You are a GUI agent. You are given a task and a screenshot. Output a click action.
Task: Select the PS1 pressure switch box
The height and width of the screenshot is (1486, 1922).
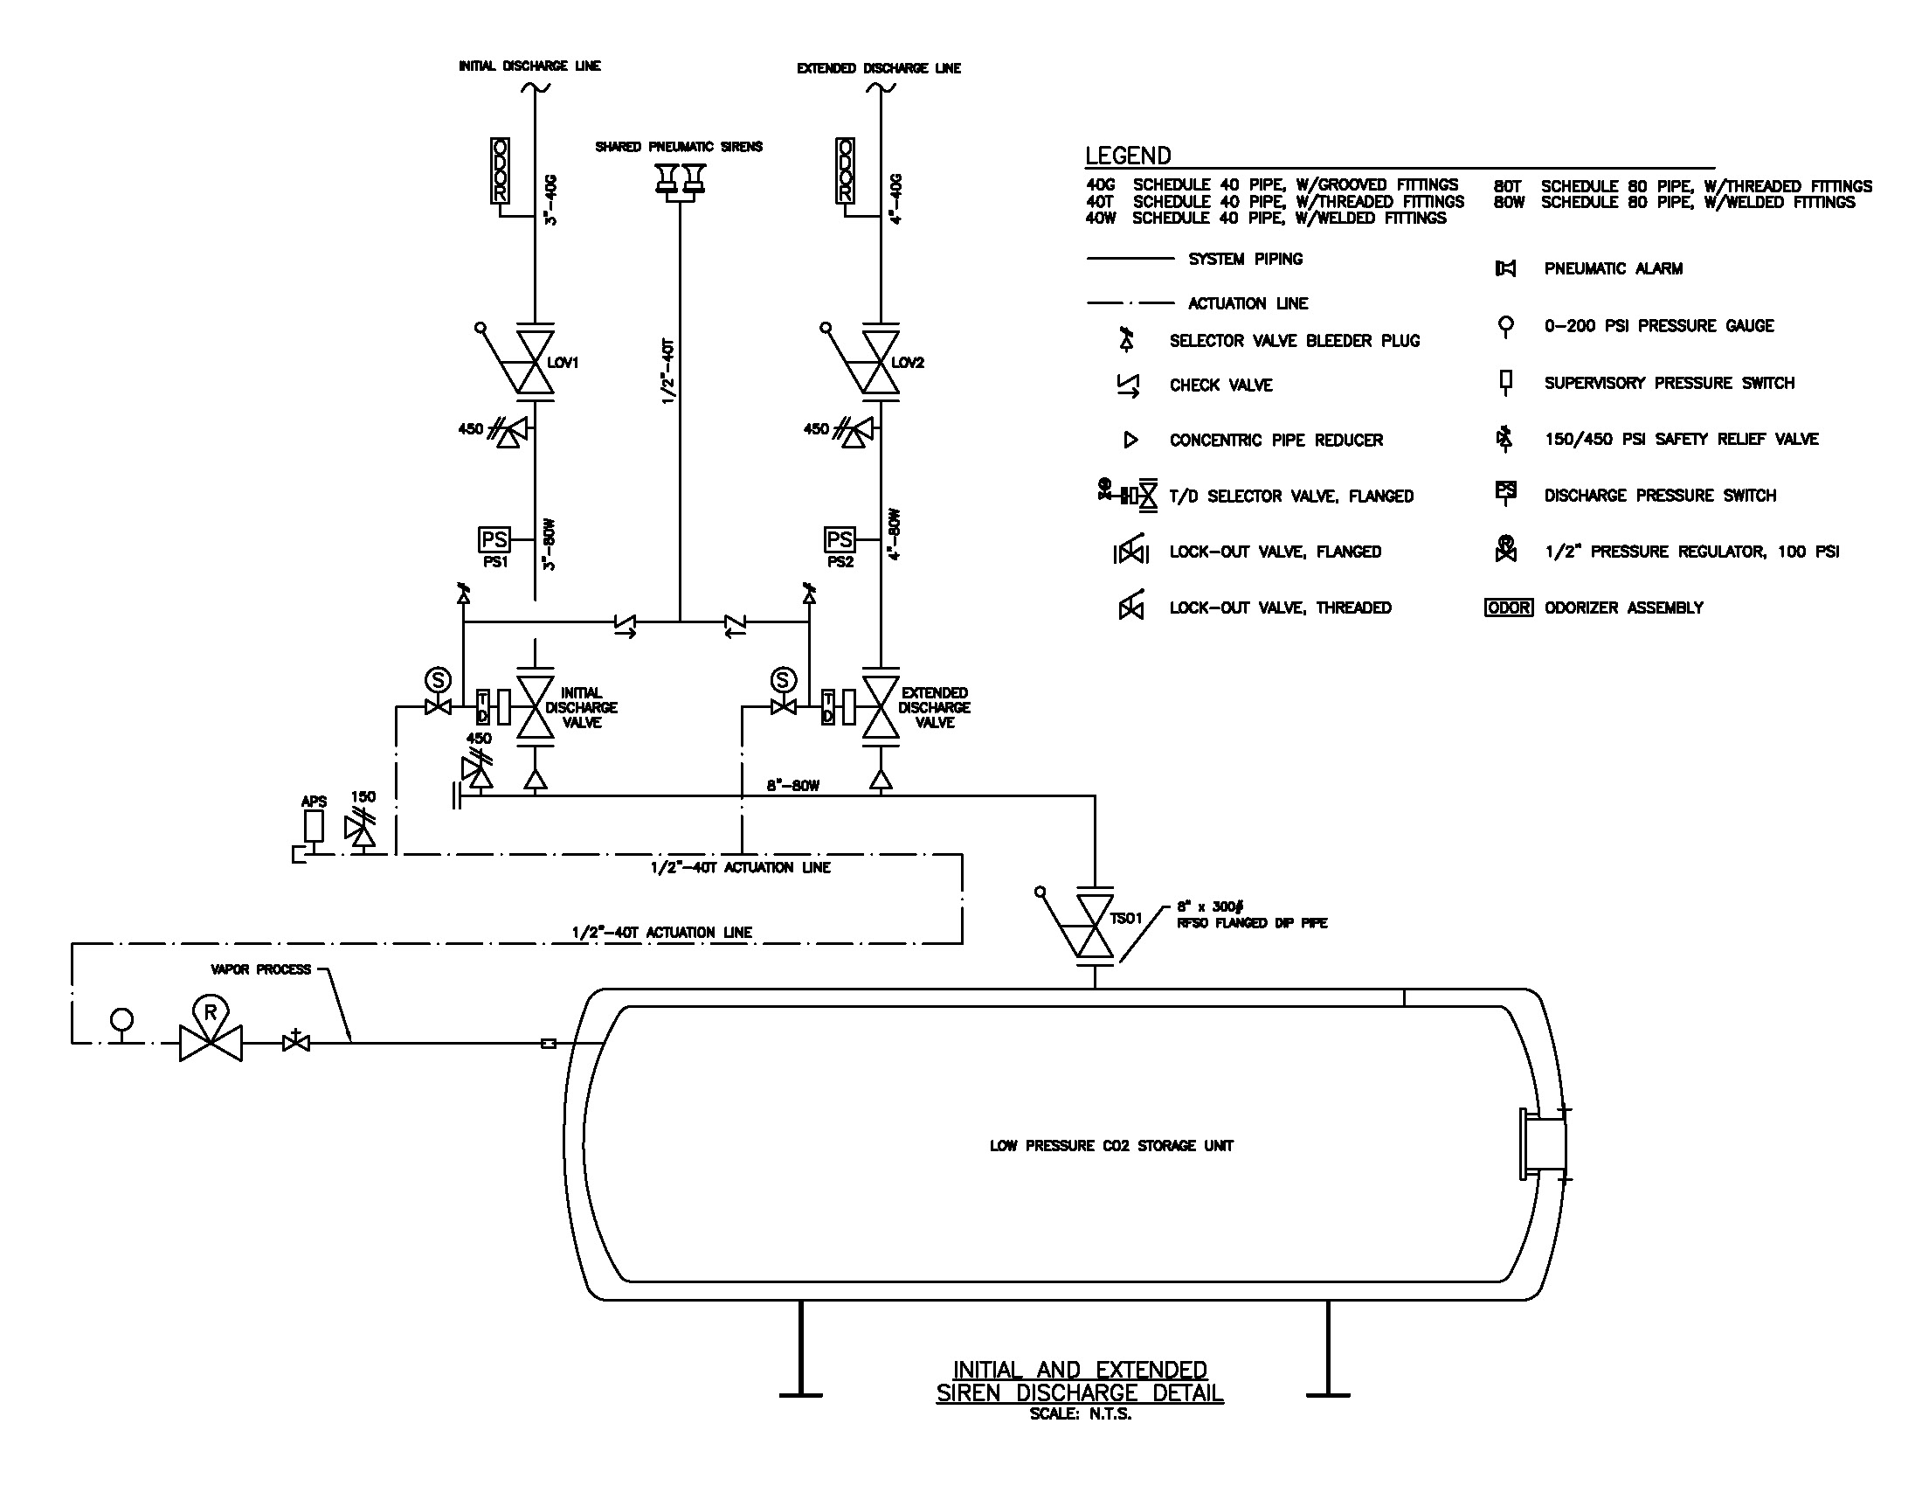point(494,538)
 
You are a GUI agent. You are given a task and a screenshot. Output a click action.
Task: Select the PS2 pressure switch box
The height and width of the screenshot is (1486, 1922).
point(840,538)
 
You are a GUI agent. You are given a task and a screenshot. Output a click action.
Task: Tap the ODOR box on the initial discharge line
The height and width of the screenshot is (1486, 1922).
point(500,170)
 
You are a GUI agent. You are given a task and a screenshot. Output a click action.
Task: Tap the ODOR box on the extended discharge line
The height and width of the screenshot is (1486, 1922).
point(845,170)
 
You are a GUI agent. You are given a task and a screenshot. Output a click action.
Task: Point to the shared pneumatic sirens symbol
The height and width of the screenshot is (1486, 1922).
point(680,179)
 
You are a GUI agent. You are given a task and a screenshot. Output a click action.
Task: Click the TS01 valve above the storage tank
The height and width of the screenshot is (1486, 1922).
point(1095,926)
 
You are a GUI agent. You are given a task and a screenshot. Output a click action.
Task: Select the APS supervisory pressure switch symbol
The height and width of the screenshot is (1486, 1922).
point(314,826)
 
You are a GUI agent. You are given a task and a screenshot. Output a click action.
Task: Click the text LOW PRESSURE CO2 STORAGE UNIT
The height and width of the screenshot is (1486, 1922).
point(1110,1145)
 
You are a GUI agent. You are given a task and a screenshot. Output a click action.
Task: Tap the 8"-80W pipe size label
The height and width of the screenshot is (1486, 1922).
point(793,785)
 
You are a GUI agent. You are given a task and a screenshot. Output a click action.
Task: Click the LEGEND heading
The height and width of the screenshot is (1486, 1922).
point(1127,156)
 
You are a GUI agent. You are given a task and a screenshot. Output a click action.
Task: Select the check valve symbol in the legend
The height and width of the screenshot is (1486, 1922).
point(1128,385)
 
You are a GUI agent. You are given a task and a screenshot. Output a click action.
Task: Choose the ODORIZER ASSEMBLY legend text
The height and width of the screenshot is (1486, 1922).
point(1624,608)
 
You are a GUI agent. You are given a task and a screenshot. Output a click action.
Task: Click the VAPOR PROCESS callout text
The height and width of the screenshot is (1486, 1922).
point(260,969)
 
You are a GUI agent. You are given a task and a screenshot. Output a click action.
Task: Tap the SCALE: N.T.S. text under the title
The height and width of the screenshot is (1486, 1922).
point(1080,1413)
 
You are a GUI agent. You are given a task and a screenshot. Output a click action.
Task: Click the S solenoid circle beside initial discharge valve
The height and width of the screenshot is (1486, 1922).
point(438,679)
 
